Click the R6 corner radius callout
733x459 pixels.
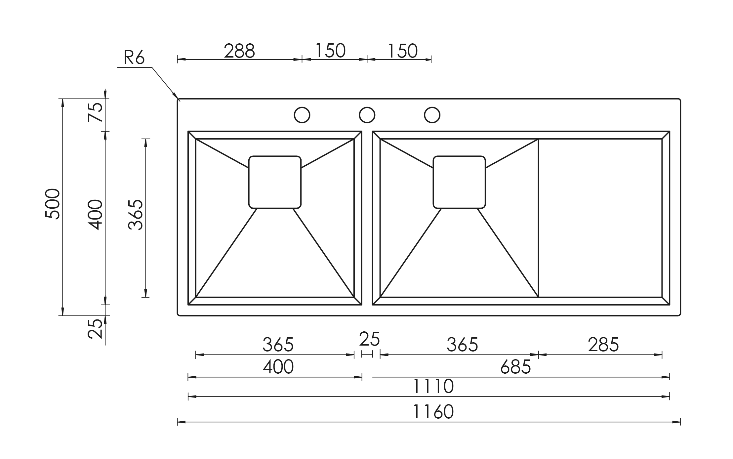[134, 58]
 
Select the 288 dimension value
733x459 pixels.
[239, 51]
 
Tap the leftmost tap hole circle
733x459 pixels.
[302, 115]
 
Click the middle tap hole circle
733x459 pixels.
[367, 115]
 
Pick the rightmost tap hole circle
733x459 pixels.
[432, 115]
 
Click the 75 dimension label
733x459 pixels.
[95, 112]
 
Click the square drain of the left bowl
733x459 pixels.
[275, 182]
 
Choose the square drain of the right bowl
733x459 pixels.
[459, 182]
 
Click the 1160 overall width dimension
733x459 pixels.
[433, 412]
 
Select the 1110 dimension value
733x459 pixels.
[433, 386]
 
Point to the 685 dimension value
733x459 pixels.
[515, 367]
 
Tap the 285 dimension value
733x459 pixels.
[603, 345]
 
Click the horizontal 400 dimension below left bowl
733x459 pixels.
[278, 367]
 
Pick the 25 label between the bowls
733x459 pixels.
[369, 339]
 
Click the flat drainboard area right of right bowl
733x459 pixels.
[600, 218]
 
